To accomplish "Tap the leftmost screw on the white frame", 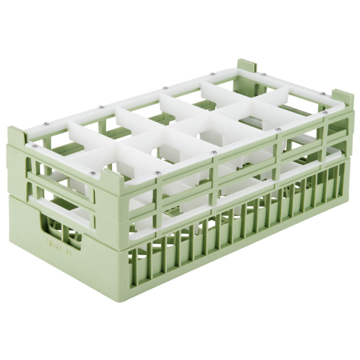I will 35,146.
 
